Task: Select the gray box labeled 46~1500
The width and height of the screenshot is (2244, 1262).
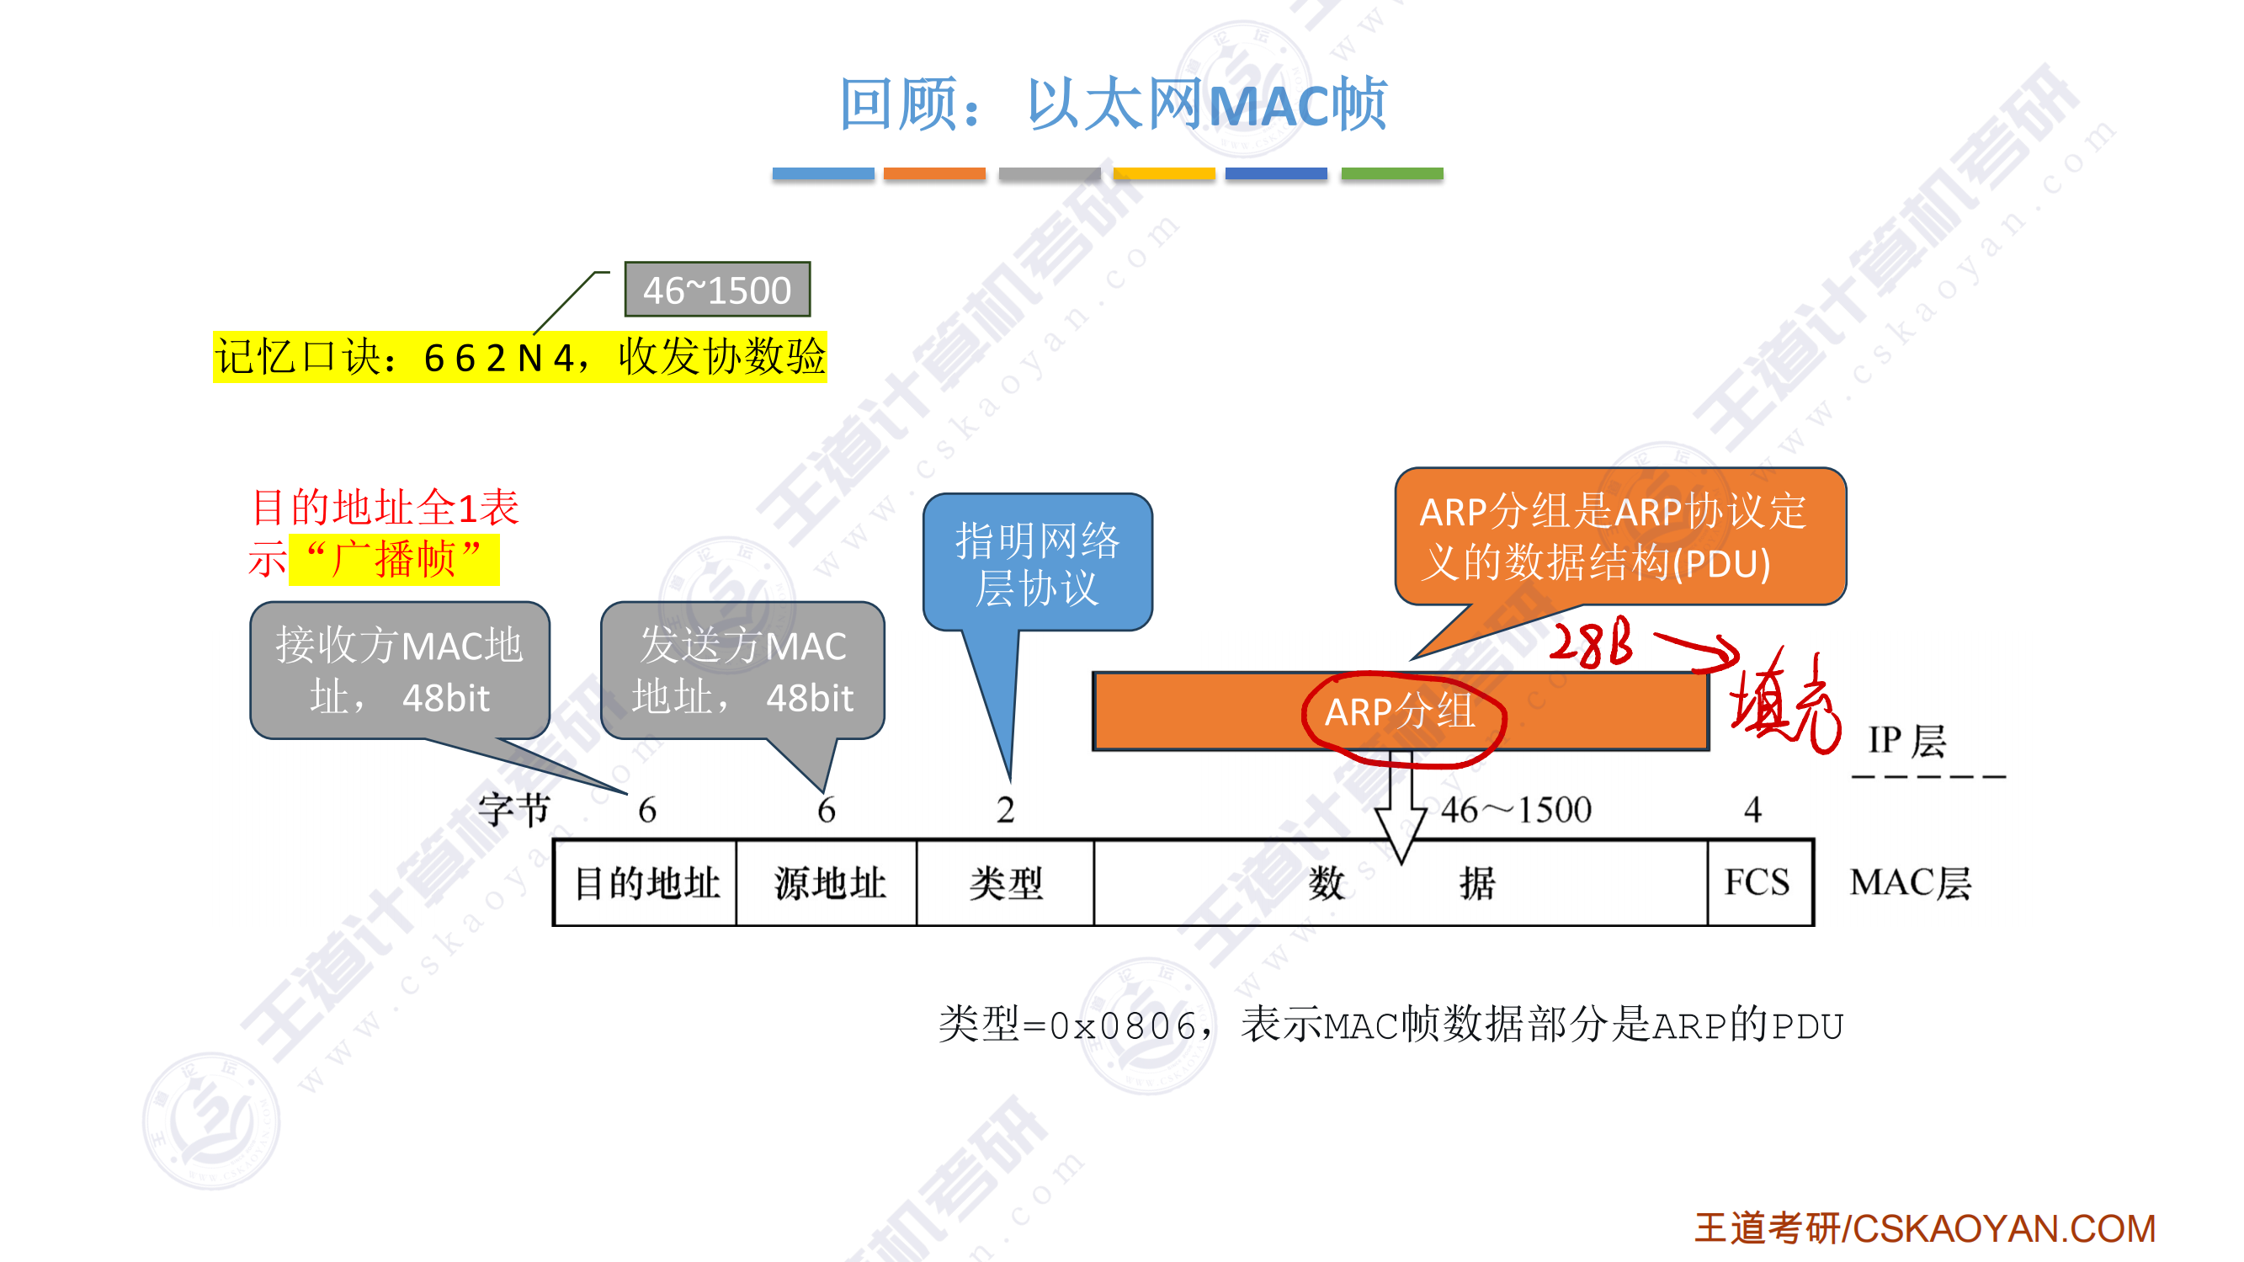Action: click(x=717, y=290)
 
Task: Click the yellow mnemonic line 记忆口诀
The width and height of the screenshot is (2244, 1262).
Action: click(x=519, y=357)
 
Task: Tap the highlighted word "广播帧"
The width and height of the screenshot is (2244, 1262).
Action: click(x=394, y=560)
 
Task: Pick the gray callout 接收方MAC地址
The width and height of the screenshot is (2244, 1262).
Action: click(x=400, y=670)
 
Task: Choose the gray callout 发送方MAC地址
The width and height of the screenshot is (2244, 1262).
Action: click(x=742, y=670)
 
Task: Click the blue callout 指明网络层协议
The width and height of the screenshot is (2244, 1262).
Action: click(x=1037, y=563)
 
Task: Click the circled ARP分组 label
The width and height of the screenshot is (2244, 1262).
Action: click(x=1400, y=712)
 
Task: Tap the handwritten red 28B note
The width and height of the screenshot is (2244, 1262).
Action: click(x=1591, y=645)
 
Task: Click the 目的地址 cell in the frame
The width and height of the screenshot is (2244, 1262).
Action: click(x=646, y=883)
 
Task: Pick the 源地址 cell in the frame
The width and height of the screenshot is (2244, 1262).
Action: click(x=828, y=883)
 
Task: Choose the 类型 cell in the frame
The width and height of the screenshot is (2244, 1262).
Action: click(x=1005, y=883)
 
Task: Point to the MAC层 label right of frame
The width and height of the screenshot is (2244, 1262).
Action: click(x=1910, y=883)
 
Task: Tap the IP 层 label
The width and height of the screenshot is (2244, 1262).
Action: click(x=1906, y=742)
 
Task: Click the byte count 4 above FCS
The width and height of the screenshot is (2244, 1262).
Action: click(x=1752, y=811)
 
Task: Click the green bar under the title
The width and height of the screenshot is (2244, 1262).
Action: click(x=1391, y=173)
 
